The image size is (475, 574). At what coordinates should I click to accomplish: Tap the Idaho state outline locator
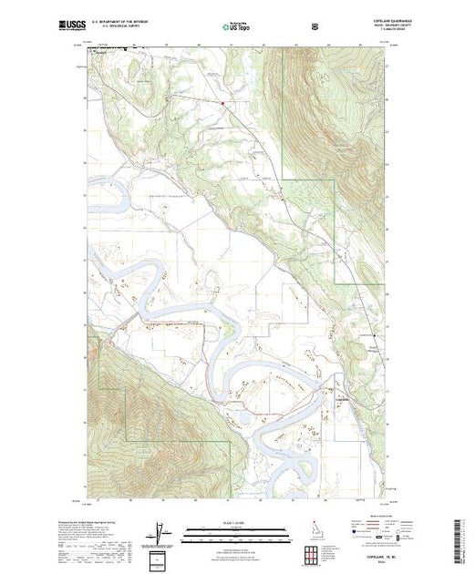click(313, 529)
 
